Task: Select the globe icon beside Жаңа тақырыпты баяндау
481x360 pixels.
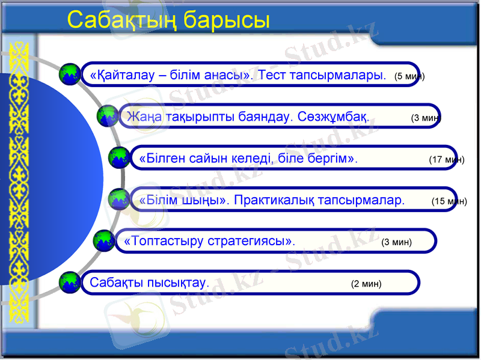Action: pos(108,115)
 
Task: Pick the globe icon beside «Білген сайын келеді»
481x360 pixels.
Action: pos(119,157)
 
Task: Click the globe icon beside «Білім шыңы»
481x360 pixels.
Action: pos(119,198)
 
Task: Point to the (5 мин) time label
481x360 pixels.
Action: pos(409,77)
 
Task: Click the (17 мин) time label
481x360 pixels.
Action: pos(446,160)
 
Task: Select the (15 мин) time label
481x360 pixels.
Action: pos(449,202)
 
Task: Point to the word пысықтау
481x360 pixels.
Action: pos(178,282)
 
